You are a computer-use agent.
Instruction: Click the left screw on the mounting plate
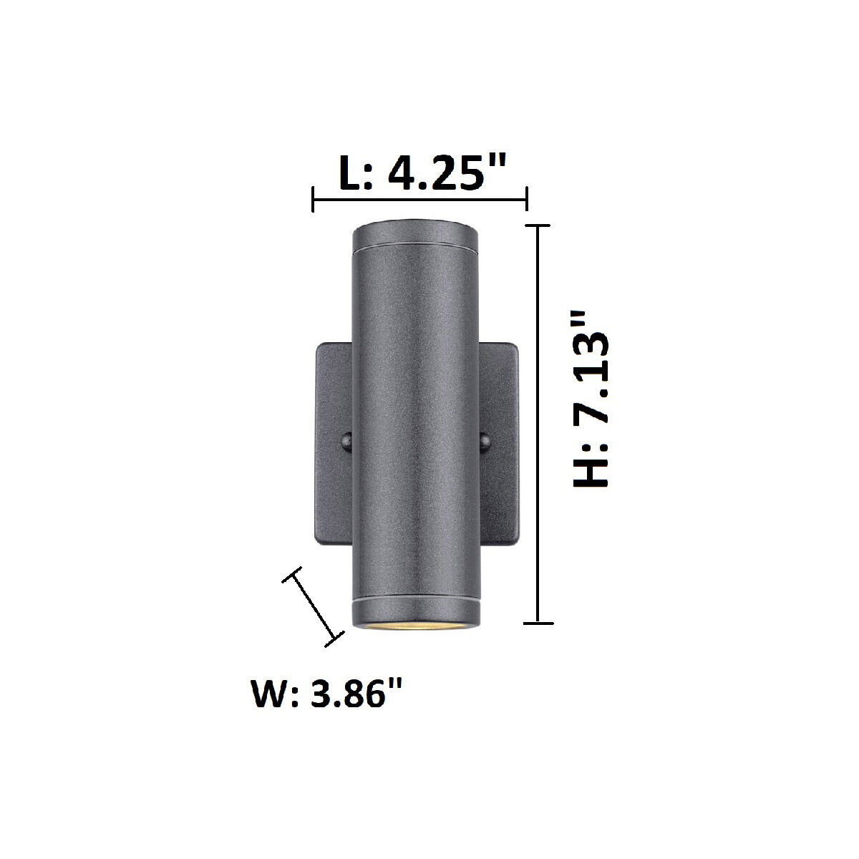coord(347,441)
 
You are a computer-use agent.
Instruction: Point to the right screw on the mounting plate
coord(483,442)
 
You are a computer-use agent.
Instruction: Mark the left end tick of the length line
coord(313,199)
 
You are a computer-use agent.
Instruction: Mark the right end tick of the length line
coord(527,199)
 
